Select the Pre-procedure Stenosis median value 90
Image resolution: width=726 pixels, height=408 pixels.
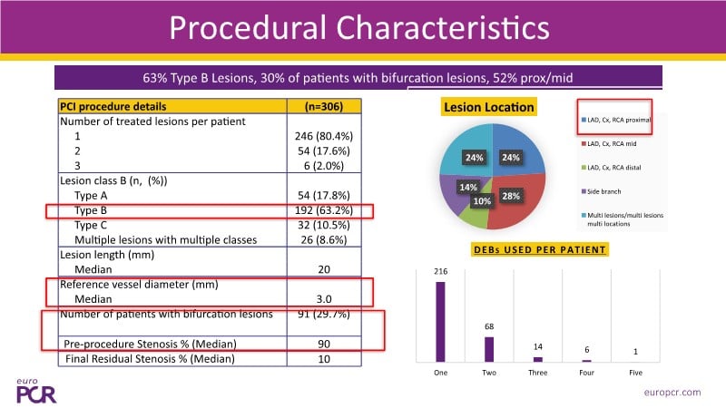[323, 345]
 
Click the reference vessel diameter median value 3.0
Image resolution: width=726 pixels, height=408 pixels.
[323, 299]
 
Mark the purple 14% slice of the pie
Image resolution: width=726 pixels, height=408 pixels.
[463, 188]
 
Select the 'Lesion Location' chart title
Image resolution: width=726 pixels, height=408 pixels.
[488, 107]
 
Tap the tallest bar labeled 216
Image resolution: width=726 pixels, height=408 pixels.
[441, 321]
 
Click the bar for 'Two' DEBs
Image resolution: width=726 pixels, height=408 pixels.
[489, 349]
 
